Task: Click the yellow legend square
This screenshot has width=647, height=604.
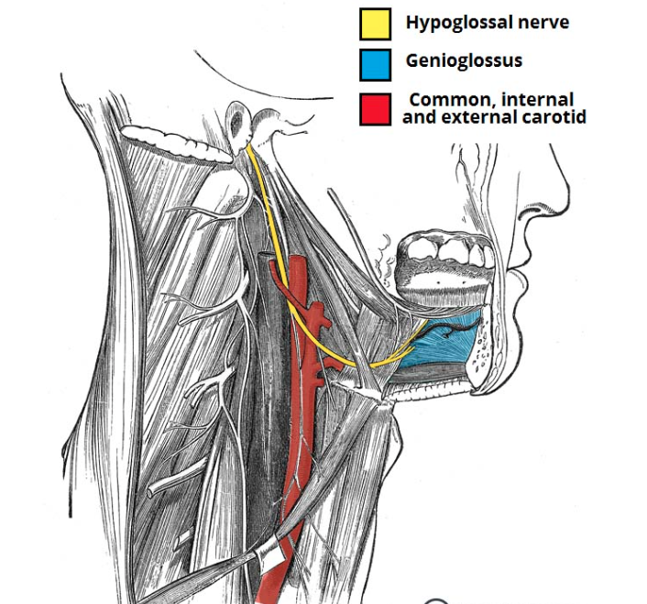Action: tap(376, 23)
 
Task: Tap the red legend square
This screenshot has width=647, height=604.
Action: tap(376, 107)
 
